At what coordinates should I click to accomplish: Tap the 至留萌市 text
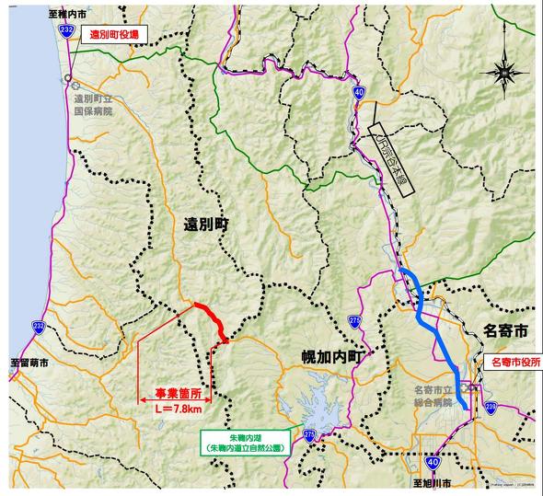tap(29, 363)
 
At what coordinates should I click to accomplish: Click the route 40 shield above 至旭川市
tap(432, 456)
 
